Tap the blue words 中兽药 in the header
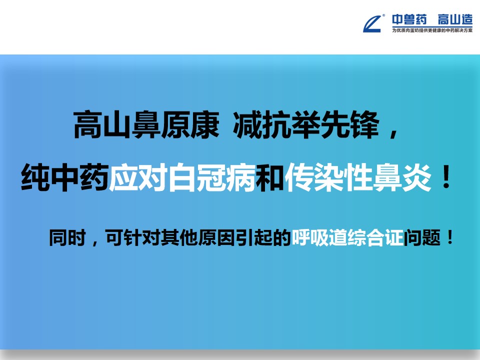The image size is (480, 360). [x=409, y=19]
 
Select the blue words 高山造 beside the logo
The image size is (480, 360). [x=455, y=19]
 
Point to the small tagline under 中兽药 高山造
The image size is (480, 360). [x=432, y=30]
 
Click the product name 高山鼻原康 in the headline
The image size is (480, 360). [x=146, y=124]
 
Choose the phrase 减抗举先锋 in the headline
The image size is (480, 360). [x=306, y=124]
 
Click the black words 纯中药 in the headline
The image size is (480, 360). [x=65, y=177]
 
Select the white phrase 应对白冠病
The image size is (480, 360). [x=182, y=177]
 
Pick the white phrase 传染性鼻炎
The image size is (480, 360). [x=358, y=177]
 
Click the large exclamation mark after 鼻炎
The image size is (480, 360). [x=446, y=177]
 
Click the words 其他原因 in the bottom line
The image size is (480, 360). [x=198, y=237]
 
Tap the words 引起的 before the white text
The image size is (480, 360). [x=263, y=237]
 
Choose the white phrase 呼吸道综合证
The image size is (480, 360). [x=347, y=237]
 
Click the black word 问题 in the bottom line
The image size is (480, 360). [x=422, y=237]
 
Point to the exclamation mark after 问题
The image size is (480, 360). [x=450, y=237]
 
